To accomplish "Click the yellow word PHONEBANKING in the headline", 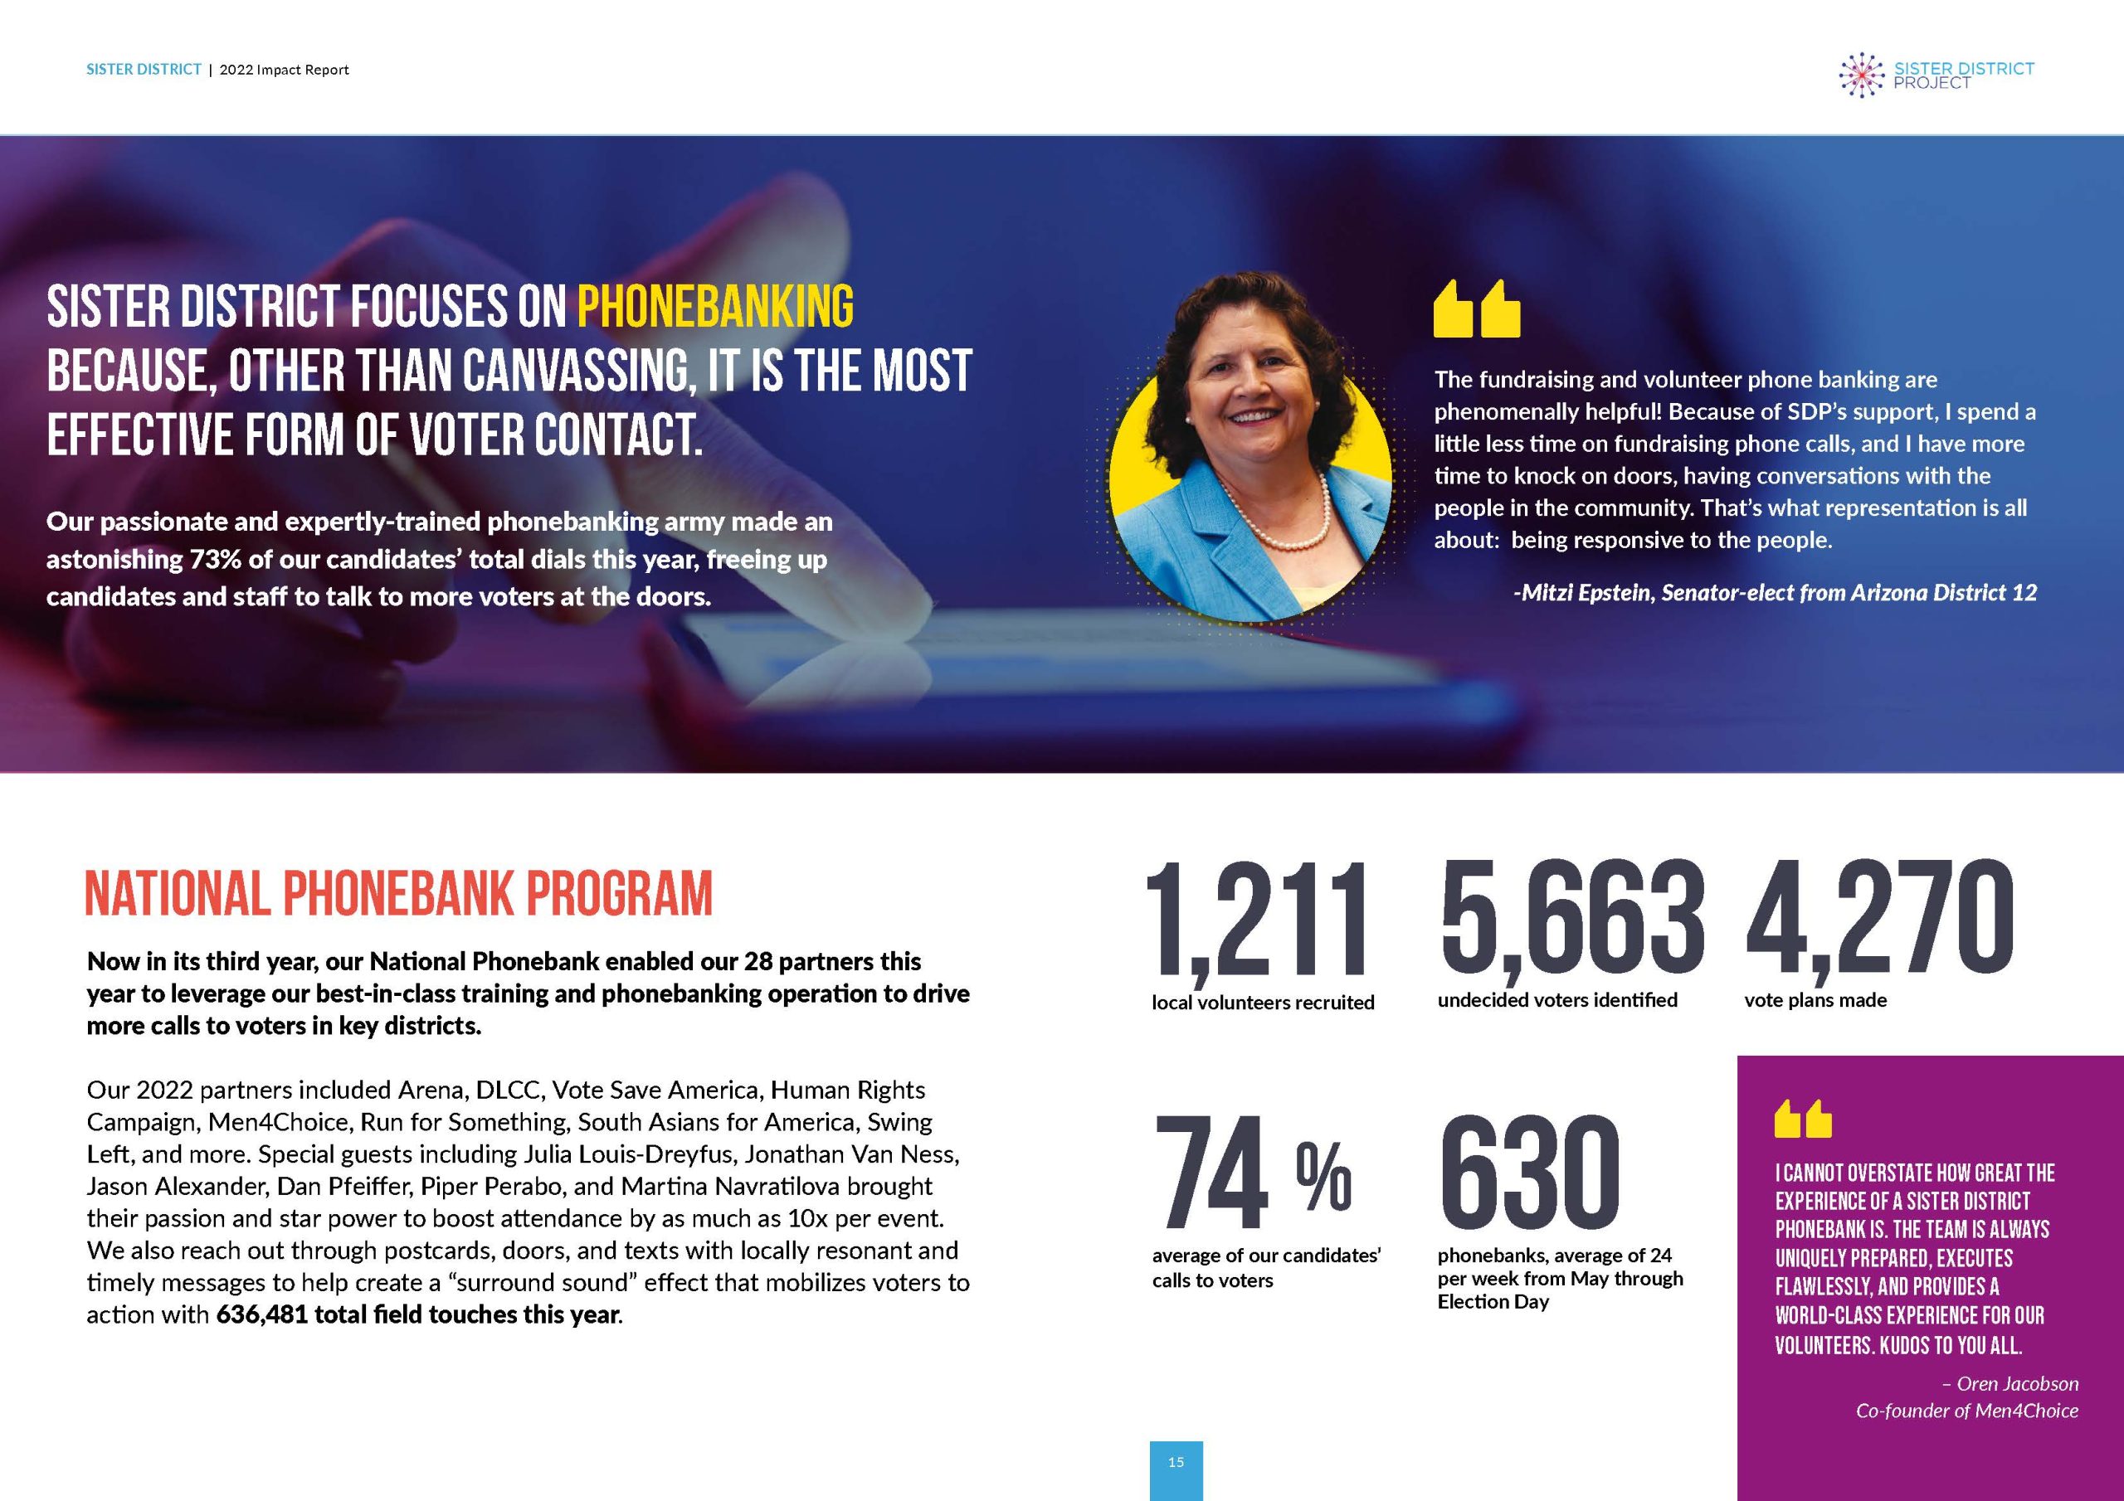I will click(715, 308).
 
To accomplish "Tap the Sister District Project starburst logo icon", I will click(1861, 75).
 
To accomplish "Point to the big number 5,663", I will click(1571, 916).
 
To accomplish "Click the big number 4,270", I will click(1879, 916).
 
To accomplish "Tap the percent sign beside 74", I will click(1324, 1178).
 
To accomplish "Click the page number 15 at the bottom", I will click(1176, 1462).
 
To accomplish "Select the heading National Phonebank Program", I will click(399, 893).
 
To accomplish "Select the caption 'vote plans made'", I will click(1815, 1000).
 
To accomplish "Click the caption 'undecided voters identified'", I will click(1557, 1000).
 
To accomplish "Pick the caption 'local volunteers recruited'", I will click(1263, 1002).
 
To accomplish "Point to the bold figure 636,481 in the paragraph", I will click(262, 1314).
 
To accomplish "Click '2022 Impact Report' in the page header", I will click(284, 70).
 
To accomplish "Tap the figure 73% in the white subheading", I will click(217, 560).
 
